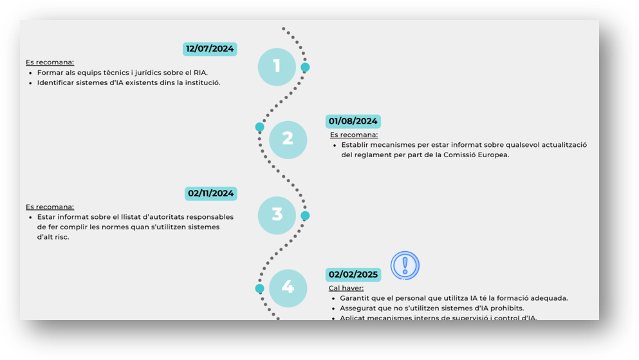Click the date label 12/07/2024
coord(210,49)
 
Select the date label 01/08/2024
coord(353,121)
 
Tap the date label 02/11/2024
coord(210,193)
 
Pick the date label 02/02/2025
coord(353,274)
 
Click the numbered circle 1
coord(277,67)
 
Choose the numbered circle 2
coord(288,140)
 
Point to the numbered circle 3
coord(277,215)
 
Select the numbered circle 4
coord(288,288)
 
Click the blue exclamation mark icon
coord(405,265)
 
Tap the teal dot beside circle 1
coord(305,67)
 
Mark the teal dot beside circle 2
coord(259,128)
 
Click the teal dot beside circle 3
coord(305,216)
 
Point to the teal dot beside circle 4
coord(259,289)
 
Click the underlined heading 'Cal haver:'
coord(346,289)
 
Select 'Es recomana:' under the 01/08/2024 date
coord(354,135)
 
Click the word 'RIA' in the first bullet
coord(200,73)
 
